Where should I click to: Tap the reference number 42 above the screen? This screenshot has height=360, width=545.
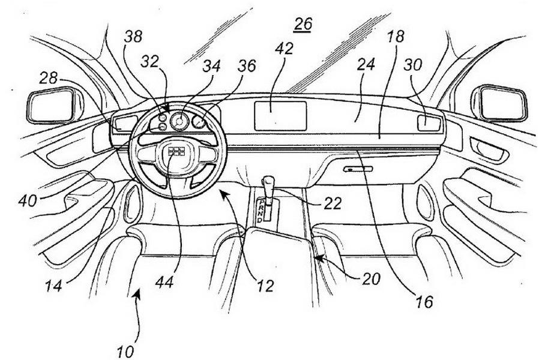tap(286, 50)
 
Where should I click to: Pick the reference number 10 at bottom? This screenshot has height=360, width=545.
tap(126, 350)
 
